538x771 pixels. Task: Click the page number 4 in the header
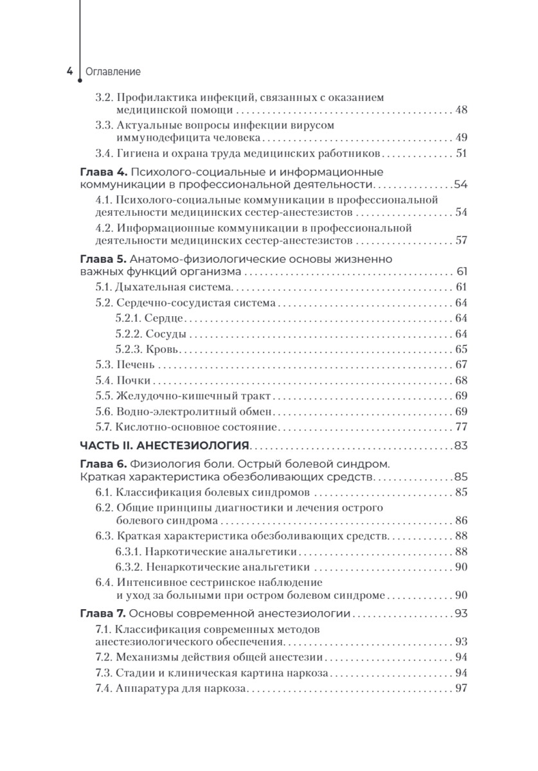point(70,72)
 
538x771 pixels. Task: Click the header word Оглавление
point(113,72)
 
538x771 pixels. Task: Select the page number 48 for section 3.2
point(460,110)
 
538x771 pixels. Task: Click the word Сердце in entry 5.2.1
point(165,318)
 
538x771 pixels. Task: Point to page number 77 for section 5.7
point(460,427)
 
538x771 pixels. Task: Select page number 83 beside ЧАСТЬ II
point(460,446)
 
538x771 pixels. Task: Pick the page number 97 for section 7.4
point(460,688)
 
